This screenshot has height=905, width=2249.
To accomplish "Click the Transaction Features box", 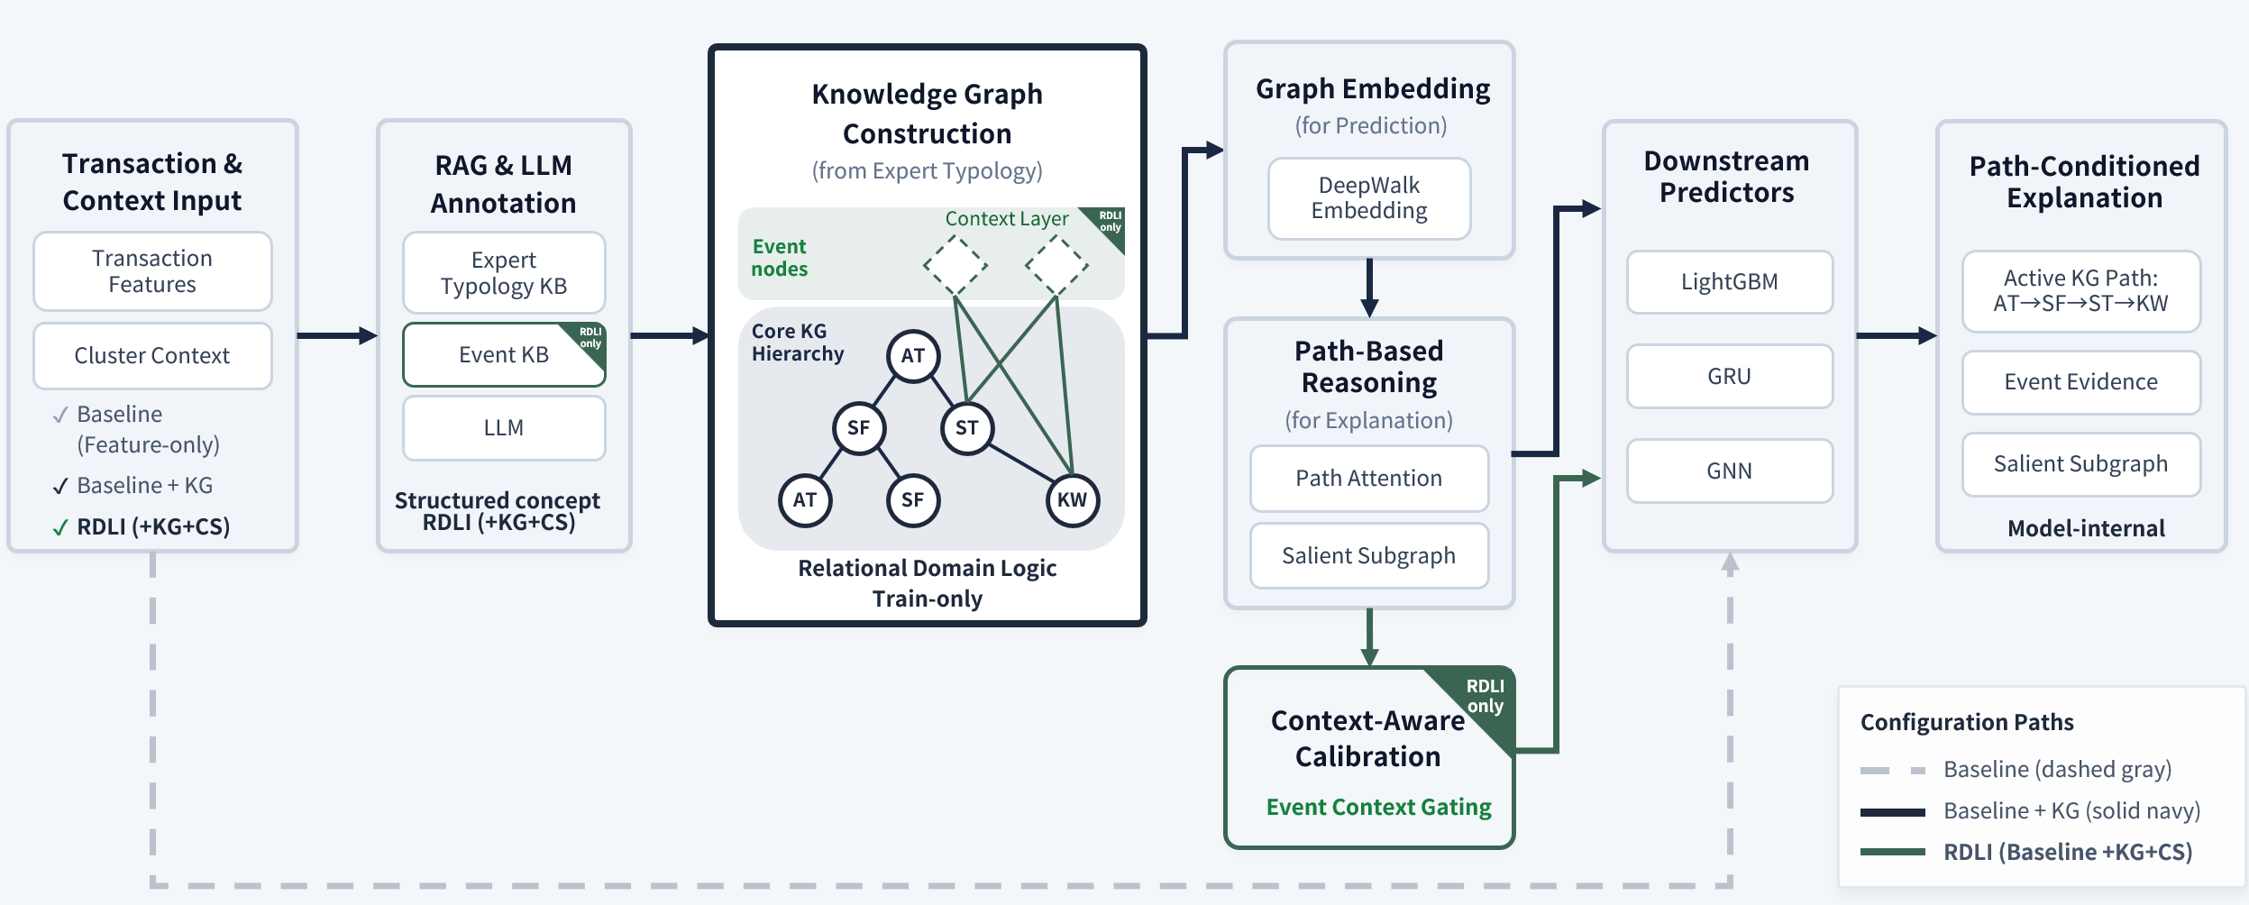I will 152,271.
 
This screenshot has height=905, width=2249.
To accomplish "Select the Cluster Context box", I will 152,356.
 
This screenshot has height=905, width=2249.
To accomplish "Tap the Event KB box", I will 503,355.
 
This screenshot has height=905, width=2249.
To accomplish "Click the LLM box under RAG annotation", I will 503,428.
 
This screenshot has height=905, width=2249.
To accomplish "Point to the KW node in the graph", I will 1072,500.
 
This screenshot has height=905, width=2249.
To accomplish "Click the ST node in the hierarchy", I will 966,428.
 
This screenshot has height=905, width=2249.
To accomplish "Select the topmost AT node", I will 912,356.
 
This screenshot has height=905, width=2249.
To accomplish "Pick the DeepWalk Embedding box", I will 1368,198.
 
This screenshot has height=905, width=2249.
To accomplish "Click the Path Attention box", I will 1368,479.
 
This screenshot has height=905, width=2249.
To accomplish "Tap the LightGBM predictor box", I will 1729,282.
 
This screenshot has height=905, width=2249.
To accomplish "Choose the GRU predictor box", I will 1729,377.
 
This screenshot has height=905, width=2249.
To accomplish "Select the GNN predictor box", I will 1729,471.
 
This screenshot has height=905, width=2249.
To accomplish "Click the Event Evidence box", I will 2080,382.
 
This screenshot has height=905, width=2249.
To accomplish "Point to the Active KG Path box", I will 2080,291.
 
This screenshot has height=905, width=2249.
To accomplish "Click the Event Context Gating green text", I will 1378,807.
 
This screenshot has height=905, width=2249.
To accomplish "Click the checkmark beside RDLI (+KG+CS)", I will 59,528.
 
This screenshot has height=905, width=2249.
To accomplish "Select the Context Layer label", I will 1006,219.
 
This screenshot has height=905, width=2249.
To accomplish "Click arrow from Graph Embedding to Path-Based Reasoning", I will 1369,288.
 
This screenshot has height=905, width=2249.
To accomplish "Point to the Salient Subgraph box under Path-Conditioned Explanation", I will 2080,464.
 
